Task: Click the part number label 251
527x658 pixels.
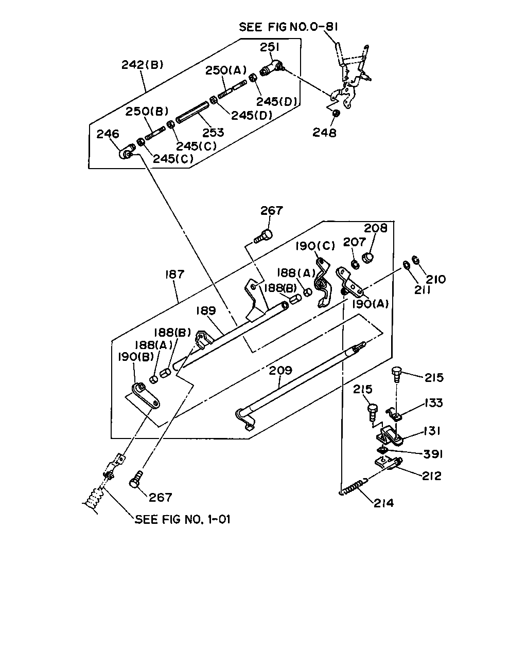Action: pyautogui.click(x=270, y=47)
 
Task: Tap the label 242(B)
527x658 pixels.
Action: pyautogui.click(x=143, y=65)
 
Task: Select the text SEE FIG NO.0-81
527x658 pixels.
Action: pyautogui.click(x=288, y=27)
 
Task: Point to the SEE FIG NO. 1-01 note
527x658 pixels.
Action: pyautogui.click(x=182, y=519)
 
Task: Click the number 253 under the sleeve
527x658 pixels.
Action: pyautogui.click(x=214, y=133)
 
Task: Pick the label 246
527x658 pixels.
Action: pyautogui.click(x=108, y=134)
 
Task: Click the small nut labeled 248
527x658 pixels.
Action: pyautogui.click(x=336, y=113)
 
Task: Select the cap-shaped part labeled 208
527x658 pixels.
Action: pyautogui.click(x=368, y=258)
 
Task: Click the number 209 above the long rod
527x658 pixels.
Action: pyautogui.click(x=280, y=370)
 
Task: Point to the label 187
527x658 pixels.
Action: pyautogui.click(x=175, y=275)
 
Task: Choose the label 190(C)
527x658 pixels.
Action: pyautogui.click(x=315, y=246)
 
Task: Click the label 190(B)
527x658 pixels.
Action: pyautogui.click(x=136, y=357)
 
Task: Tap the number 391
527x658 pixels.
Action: pyautogui.click(x=433, y=454)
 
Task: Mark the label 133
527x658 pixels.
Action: pyautogui.click(x=434, y=403)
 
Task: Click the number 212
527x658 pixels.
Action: pyautogui.click(x=431, y=476)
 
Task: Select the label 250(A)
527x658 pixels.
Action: pyautogui.click(x=226, y=70)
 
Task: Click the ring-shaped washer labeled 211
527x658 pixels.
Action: pyautogui.click(x=407, y=265)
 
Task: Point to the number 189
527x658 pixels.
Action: pyautogui.click(x=206, y=310)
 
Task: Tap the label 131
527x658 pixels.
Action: pyautogui.click(x=432, y=431)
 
